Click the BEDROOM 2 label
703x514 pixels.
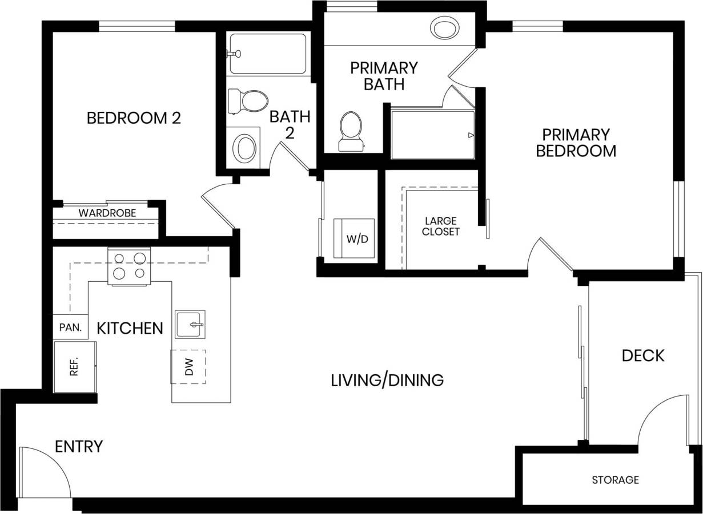pyautogui.click(x=134, y=118)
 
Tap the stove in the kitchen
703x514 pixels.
pyautogui.click(x=129, y=266)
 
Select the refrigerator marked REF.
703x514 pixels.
pyautogui.click(x=74, y=367)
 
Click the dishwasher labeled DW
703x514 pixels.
pyautogui.click(x=188, y=366)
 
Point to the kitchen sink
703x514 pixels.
pyautogui.click(x=190, y=325)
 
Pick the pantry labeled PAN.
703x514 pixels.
pyautogui.click(x=71, y=328)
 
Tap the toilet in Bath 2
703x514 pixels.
pyautogui.click(x=249, y=102)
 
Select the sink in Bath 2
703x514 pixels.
pyautogui.click(x=246, y=147)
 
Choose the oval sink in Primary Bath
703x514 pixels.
pyautogui.click(x=445, y=27)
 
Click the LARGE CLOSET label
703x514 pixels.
pyautogui.click(x=440, y=226)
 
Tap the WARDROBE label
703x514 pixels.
pyautogui.click(x=107, y=213)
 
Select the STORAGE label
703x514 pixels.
pyautogui.click(x=615, y=480)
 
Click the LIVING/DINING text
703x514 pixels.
pyautogui.click(x=387, y=380)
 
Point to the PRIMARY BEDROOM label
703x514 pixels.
pyautogui.click(x=576, y=143)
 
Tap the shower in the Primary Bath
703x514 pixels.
pyautogui.click(x=432, y=135)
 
